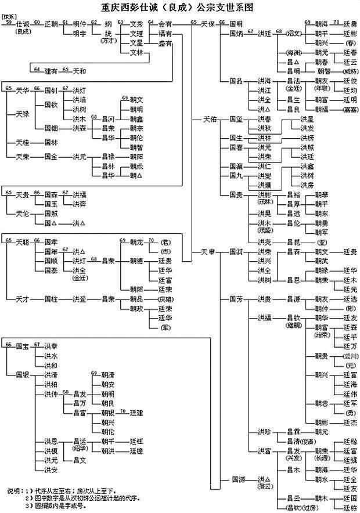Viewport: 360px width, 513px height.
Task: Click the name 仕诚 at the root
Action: click(23, 24)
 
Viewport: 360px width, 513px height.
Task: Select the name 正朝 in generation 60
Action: click(52, 24)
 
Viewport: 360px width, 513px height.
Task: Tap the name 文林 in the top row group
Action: click(136, 52)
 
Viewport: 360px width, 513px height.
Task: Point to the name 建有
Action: click(52, 71)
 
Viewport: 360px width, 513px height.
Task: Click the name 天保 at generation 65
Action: click(208, 24)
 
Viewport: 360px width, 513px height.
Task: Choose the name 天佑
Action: click(208, 119)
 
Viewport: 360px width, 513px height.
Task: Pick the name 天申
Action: click(208, 251)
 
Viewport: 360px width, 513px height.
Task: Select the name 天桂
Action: click(23, 142)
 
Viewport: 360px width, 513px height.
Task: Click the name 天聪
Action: click(23, 241)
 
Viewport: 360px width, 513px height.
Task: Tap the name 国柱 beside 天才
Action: click(52, 299)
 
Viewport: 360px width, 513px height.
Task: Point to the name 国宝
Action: click(23, 345)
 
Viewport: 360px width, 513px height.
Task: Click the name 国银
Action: click(23, 375)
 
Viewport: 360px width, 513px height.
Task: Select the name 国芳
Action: click(236, 299)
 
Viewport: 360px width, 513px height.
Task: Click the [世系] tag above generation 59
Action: click(10, 17)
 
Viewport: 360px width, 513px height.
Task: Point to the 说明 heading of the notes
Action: click(16, 489)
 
